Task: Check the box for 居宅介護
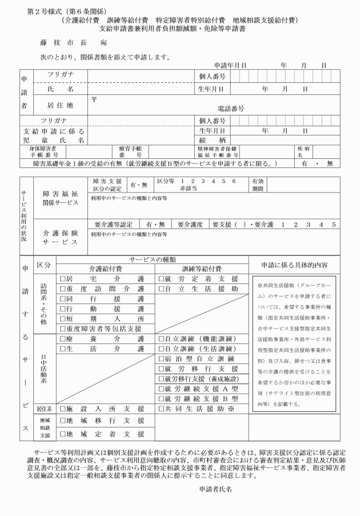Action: point(63,279)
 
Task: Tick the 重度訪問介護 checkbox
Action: point(63,289)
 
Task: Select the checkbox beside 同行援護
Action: point(63,299)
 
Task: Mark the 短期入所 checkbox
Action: point(63,318)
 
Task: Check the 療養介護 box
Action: point(63,339)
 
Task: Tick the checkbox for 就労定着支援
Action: point(161,279)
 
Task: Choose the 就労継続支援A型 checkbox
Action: point(161,389)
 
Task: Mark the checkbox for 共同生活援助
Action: point(161,409)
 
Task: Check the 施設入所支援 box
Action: point(63,409)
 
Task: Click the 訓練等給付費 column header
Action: point(201,269)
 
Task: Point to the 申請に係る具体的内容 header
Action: point(295,265)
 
